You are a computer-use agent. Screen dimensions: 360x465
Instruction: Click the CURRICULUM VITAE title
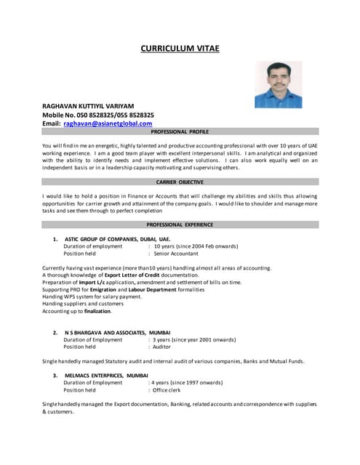coord(180,49)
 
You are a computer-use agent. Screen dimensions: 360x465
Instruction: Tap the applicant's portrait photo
coord(278,84)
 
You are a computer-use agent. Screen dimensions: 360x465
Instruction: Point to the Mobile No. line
coord(98,115)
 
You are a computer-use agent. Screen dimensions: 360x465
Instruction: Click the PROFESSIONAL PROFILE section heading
coord(180,132)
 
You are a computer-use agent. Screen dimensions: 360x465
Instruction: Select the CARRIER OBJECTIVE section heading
coord(180,182)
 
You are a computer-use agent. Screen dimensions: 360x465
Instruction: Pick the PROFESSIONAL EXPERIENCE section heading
coord(180,225)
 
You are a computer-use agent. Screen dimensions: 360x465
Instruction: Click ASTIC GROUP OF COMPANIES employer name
coord(117,238)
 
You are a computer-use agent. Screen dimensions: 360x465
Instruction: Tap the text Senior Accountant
coord(176,254)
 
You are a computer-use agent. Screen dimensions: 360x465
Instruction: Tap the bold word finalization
coord(97,311)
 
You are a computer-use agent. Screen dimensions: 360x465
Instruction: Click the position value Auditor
coord(164,347)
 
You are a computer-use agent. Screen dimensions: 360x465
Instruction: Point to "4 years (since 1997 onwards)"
coord(186,382)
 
